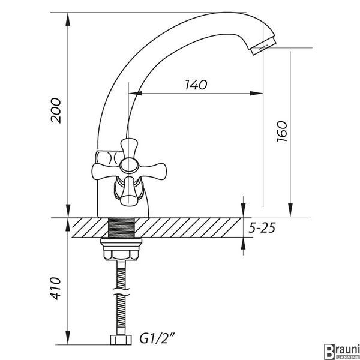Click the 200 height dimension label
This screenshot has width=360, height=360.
coord(56,110)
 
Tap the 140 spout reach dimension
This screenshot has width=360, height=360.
coord(196,85)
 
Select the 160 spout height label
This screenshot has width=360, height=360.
coord(282,131)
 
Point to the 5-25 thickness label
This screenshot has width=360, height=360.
coord(262,228)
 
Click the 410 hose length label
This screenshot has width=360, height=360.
coord(56,289)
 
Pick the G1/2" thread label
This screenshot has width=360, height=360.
coord(157,339)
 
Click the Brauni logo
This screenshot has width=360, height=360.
coord(342,352)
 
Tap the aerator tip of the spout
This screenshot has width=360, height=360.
coord(263,46)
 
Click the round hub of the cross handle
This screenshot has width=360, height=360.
coord(129,166)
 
